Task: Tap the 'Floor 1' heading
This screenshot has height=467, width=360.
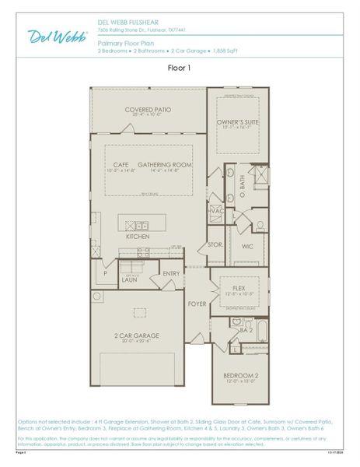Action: [180, 68]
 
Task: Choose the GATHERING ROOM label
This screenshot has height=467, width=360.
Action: [165, 165]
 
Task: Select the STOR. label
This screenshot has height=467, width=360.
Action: [215, 244]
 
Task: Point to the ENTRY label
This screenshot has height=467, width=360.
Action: [171, 273]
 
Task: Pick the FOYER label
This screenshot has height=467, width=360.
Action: [197, 304]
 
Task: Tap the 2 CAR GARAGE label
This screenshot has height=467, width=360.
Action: [137, 335]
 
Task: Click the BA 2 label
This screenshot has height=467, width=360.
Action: [246, 331]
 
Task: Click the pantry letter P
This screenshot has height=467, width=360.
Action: [104, 273]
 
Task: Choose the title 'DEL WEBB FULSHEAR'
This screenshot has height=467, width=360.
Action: [128, 23]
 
